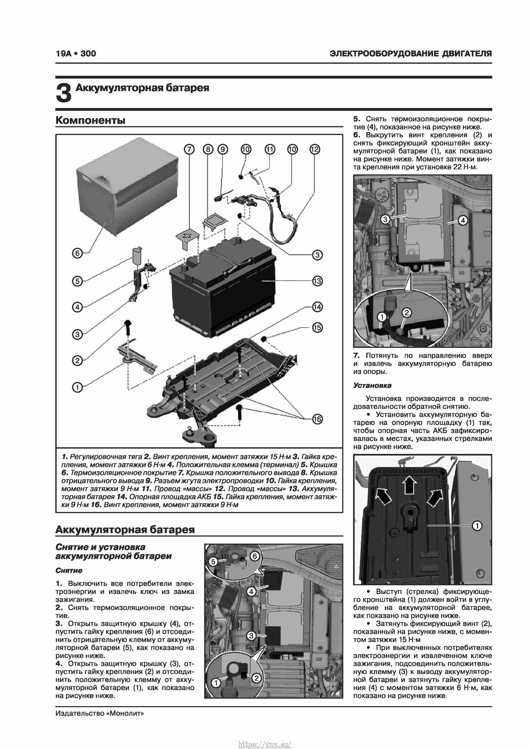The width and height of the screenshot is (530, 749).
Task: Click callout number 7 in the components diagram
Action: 189,149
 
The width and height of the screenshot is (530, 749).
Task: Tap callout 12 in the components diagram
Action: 314,149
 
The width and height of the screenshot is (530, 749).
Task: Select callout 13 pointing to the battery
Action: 317,281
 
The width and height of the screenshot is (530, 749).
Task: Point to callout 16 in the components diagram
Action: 317,419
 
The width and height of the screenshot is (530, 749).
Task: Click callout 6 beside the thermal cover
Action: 77,253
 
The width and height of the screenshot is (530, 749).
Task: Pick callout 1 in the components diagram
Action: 77,388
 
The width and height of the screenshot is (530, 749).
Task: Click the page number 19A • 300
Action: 76,54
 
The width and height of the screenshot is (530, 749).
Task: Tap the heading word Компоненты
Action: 90,120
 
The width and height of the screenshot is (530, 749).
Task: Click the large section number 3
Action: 64,93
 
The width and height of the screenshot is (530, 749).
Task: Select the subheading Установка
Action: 372,385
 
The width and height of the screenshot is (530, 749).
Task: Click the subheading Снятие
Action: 69,570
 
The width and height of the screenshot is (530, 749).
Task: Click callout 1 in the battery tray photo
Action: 477,526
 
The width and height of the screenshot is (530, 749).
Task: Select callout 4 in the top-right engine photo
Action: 463,220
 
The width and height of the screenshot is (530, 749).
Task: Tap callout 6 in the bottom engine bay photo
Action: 255,556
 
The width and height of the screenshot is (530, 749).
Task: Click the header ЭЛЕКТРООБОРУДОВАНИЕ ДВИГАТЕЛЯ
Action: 410,54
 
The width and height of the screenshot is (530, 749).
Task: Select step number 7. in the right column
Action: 356,356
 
